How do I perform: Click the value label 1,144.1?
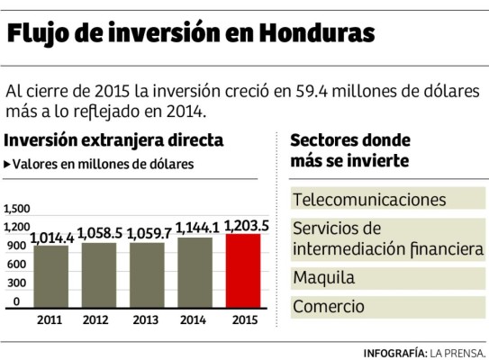(195, 229)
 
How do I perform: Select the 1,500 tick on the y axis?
(17, 208)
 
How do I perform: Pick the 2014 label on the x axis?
(195, 319)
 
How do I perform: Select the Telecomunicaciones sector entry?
(369, 198)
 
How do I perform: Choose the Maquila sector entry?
(324, 277)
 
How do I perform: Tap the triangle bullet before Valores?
(8, 165)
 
